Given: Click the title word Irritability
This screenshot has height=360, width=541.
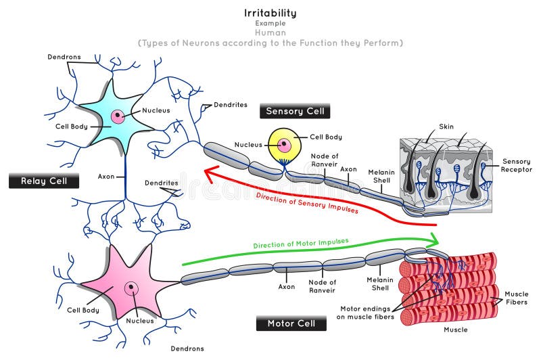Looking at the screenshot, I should (x=270, y=12).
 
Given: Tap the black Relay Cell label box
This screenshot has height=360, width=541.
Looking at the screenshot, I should (x=43, y=181).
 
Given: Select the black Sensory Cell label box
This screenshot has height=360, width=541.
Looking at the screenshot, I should (x=295, y=111).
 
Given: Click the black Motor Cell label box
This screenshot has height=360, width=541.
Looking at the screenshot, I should (x=291, y=323).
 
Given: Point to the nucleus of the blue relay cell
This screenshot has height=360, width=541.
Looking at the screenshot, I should (x=118, y=116).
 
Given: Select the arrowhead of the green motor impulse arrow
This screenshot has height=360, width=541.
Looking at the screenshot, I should (x=433, y=240).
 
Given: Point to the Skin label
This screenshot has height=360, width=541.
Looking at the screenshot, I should (x=447, y=127).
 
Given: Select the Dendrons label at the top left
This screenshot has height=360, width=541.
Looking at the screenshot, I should (x=64, y=57).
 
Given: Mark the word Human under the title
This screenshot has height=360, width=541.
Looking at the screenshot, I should (x=270, y=32).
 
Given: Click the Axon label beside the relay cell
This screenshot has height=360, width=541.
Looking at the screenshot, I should (x=106, y=176).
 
